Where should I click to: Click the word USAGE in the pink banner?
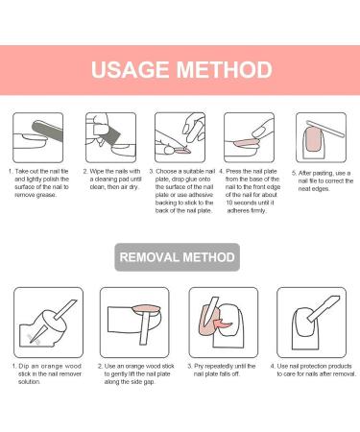[x=130, y=70]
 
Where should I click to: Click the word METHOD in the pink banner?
[x=225, y=70]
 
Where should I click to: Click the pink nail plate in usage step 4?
[x=245, y=142]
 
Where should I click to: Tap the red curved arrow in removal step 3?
[x=223, y=324]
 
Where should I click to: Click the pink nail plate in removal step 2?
[x=147, y=309]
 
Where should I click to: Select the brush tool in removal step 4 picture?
[x=324, y=308]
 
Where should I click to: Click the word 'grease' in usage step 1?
[x=46, y=195]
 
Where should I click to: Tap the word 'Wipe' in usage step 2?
[x=96, y=171]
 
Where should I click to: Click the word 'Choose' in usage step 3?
[x=166, y=171]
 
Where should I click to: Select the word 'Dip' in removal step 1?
[x=24, y=366]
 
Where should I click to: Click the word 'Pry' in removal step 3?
[x=199, y=366]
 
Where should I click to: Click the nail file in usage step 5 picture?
[x=325, y=129]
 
